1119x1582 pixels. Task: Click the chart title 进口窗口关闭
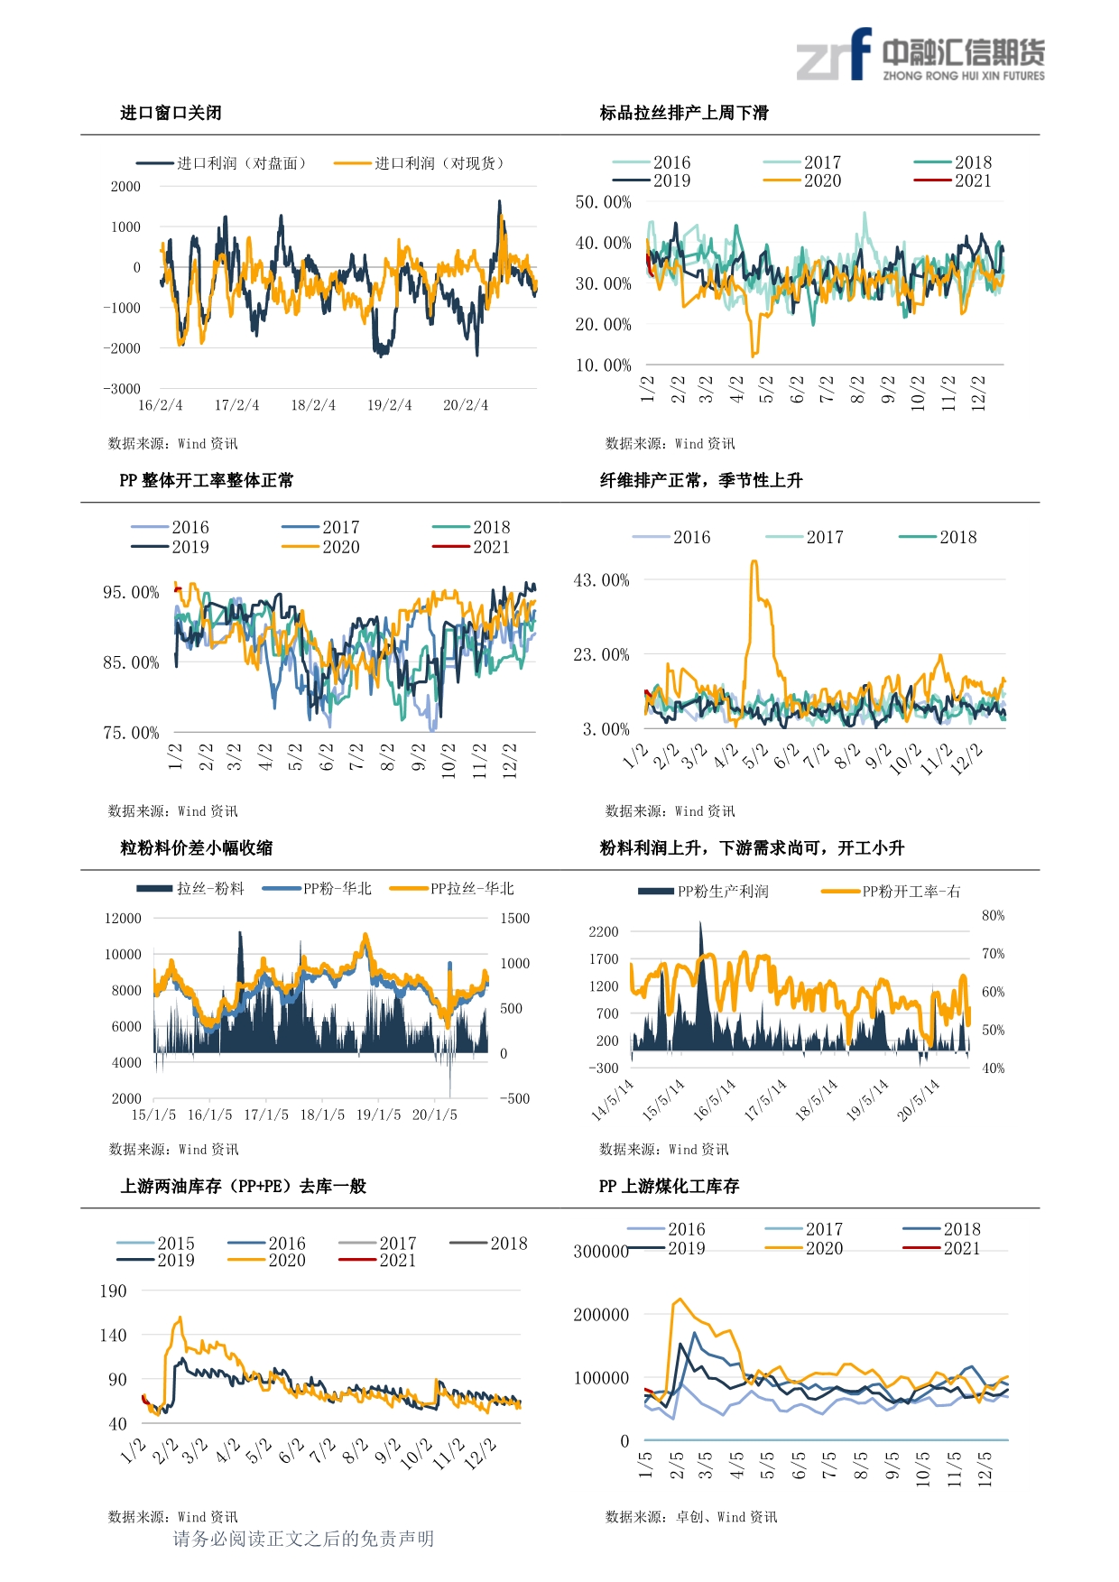[x=171, y=113]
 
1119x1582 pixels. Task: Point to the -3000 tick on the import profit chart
[x=122, y=389]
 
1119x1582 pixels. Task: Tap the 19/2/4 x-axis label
[x=389, y=405]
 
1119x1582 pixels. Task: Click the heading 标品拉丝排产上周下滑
[x=684, y=113]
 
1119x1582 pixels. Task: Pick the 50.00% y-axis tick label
[x=603, y=202]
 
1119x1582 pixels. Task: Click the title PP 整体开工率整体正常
[x=206, y=480]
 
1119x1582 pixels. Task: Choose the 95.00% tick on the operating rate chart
[x=130, y=593]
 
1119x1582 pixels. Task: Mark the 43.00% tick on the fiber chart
[x=601, y=580]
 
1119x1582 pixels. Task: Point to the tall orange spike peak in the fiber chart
[x=754, y=562]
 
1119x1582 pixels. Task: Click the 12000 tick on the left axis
[x=123, y=919]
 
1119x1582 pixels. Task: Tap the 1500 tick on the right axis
[x=515, y=919]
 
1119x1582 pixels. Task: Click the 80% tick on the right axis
[x=993, y=916]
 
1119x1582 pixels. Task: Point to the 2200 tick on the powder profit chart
[x=604, y=932]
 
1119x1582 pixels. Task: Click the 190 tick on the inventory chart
[x=113, y=1291]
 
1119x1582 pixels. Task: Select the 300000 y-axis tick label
[x=601, y=1252]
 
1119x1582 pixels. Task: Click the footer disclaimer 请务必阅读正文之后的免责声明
[x=303, y=1539]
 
